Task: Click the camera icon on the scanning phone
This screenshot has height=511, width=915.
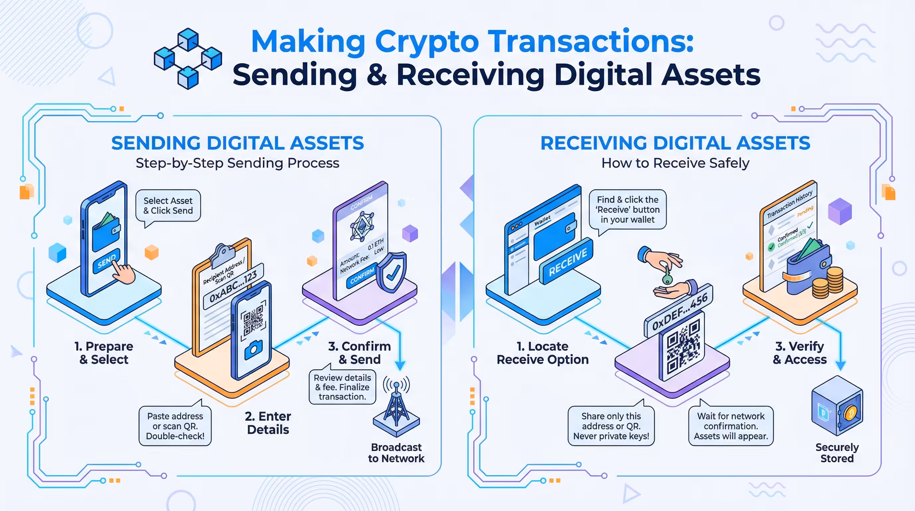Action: [254, 349]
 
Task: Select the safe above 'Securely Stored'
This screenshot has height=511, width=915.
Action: [837, 406]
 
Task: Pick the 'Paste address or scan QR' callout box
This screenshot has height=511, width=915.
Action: [175, 426]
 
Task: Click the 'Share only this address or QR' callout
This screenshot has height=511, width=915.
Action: [611, 426]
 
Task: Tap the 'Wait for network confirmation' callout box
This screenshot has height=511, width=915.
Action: [731, 426]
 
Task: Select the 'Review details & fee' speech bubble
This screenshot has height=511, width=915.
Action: [342, 387]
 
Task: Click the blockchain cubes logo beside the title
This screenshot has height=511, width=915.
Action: [188, 59]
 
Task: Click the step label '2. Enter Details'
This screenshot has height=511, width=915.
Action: [268, 423]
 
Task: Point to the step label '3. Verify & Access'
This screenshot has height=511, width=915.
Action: [800, 353]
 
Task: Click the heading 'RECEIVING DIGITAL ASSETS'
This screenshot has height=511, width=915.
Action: [675, 143]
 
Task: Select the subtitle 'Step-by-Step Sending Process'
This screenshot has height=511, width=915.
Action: [237, 163]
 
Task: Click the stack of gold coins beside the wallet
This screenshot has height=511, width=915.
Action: [828, 282]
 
